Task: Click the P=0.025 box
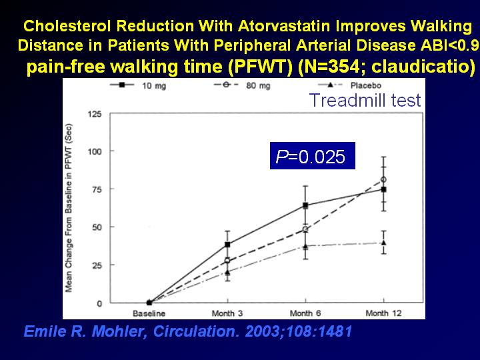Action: click(313, 156)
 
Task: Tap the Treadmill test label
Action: click(365, 100)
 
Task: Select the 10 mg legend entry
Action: click(138, 85)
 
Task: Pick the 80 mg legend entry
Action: click(242, 85)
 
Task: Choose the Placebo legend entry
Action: click(349, 85)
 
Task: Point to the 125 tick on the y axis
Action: click(95, 114)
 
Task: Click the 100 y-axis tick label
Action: click(95, 151)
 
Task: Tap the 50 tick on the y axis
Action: click(97, 227)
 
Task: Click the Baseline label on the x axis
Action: click(149, 313)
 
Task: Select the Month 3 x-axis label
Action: click(227, 313)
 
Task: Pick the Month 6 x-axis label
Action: click(305, 313)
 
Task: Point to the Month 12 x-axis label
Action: click(383, 313)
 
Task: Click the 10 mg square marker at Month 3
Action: click(227, 244)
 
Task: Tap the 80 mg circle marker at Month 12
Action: click(383, 180)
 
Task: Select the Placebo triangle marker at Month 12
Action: click(383, 243)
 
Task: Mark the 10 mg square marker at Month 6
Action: click(305, 205)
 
